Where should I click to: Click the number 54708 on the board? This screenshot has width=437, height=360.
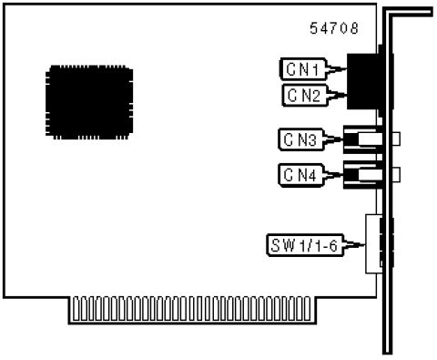coord(334,28)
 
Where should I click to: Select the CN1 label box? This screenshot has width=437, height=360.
coord(303,69)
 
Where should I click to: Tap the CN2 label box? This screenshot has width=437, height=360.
coord(305,96)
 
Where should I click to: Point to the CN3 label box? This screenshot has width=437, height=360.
coord(300,139)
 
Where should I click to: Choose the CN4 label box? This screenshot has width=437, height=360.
coord(300,175)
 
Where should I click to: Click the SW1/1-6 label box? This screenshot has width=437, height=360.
coord(305,245)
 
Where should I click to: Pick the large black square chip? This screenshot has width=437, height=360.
coord(89,102)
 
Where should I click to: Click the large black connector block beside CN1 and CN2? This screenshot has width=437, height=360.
coord(363,81)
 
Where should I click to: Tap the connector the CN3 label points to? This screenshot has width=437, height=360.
coord(362,139)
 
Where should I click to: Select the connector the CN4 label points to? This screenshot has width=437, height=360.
coord(362,175)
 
